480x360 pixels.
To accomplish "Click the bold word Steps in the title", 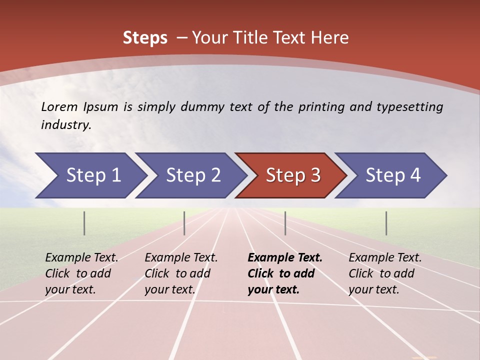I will pos(145,37).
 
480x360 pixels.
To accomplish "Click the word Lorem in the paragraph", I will pos(59,106).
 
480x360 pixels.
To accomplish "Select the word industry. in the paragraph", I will pos(66,125).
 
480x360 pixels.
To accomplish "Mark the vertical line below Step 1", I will pos(84,223).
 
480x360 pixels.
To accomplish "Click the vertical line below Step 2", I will pos(184,223).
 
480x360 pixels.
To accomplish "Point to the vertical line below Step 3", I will pos(285,223).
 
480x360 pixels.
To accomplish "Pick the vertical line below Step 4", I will pos(386,223).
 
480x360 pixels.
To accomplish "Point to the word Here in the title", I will pos(329,37).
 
